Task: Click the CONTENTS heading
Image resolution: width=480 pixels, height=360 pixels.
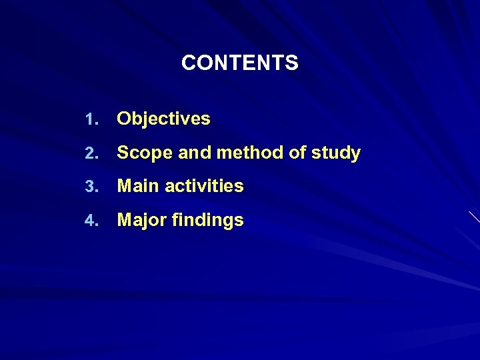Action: pyautogui.click(x=240, y=63)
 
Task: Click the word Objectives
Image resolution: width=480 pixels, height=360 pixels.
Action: pyautogui.click(x=163, y=119)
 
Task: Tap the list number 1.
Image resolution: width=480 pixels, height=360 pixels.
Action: pyautogui.click(x=91, y=120)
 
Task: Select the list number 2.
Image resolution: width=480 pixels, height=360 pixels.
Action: pyautogui.click(x=91, y=154)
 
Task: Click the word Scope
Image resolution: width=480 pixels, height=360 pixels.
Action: pyautogui.click(x=138, y=153)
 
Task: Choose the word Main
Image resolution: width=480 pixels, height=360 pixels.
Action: pyautogui.click(x=138, y=187)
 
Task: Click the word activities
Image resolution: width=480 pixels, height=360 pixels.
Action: pyautogui.click(x=204, y=187)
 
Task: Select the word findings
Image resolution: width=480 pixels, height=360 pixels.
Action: pyautogui.click(x=207, y=221)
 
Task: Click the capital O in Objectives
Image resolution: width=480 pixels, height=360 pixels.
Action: pyautogui.click(x=124, y=119)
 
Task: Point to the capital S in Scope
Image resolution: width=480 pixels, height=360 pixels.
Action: pyautogui.click(x=123, y=153)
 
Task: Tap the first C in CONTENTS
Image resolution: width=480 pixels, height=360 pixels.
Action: pyautogui.click(x=188, y=63)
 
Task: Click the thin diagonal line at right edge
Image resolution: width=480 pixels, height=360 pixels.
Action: pyautogui.click(x=474, y=217)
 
